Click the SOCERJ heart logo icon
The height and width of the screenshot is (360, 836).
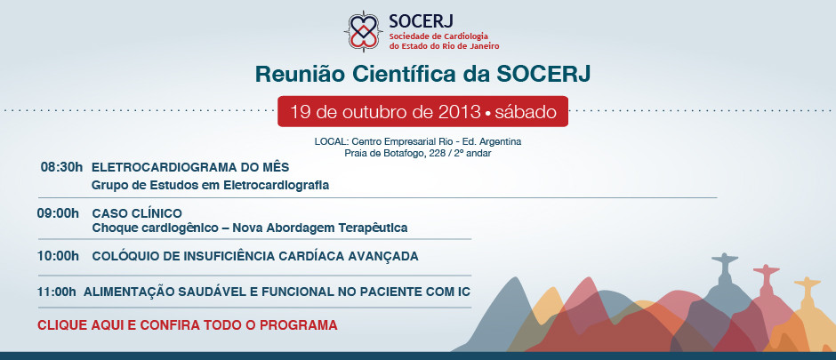pos(364,31)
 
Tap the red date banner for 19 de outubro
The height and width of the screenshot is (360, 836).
pos(422,111)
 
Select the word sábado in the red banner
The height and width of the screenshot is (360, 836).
pos(526,112)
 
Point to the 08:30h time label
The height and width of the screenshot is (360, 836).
pos(62,167)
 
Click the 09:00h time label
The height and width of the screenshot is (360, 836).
pos(58,213)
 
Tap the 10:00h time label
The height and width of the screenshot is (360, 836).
pos(58,256)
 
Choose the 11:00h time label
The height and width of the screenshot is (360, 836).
pos(57,292)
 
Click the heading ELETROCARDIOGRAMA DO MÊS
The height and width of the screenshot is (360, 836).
pos(190,167)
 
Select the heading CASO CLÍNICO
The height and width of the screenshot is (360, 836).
pos(137,213)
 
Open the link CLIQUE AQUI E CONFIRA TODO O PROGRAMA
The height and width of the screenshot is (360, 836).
pos(187,324)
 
